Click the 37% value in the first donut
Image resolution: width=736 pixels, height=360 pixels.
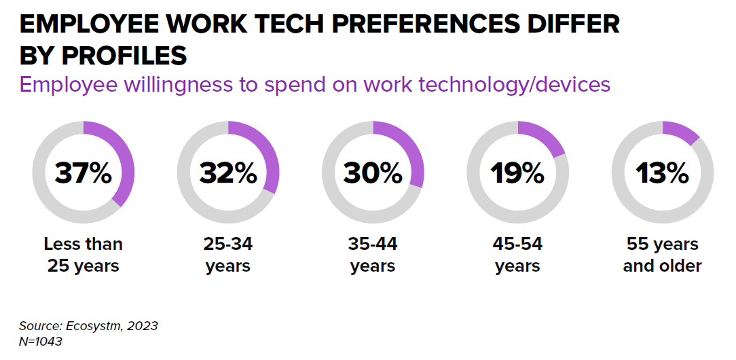(x=83, y=174)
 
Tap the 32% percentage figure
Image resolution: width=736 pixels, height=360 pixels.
(x=228, y=174)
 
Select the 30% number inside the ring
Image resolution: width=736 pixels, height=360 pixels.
(x=373, y=174)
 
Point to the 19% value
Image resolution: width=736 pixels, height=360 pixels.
(x=517, y=174)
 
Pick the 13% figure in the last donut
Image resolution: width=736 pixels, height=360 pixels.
(x=662, y=174)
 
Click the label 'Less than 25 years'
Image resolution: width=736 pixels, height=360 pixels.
(x=83, y=255)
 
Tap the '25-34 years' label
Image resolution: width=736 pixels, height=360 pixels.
(x=228, y=255)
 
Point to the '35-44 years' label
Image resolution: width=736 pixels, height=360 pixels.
(x=373, y=255)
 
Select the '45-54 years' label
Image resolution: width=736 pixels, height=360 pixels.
(x=517, y=255)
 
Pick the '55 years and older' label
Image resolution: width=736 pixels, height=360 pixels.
(x=662, y=255)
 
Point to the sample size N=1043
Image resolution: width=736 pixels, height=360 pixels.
(x=41, y=342)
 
